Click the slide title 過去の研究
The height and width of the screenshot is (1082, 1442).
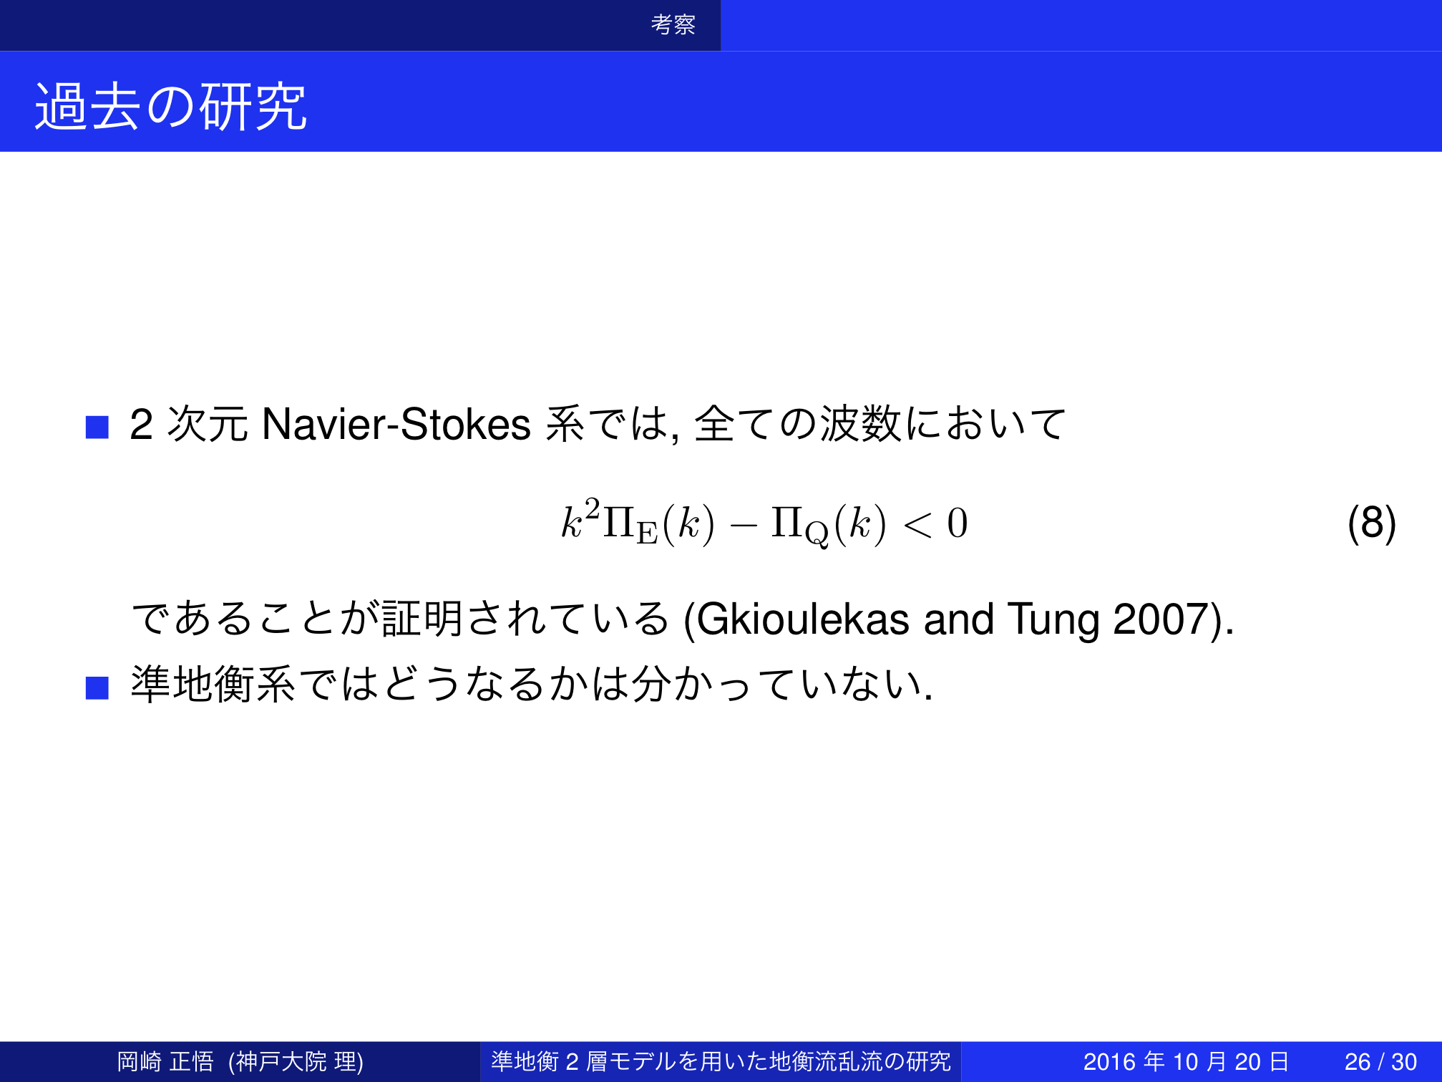coord(170,106)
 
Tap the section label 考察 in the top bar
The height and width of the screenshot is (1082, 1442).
coord(673,24)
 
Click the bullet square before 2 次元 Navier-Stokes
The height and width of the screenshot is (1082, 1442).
coord(97,427)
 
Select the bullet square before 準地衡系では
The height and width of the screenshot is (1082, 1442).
coord(97,687)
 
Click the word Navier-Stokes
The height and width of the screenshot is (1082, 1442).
coord(396,423)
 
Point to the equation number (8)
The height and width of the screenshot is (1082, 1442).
coord(1371,523)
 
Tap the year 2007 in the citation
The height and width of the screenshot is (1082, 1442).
coord(1160,619)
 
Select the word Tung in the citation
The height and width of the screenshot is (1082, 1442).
coord(1053,620)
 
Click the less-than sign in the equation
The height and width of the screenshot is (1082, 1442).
coord(918,524)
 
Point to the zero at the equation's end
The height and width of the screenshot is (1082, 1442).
coord(958,523)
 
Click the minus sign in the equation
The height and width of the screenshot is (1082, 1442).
coord(744,525)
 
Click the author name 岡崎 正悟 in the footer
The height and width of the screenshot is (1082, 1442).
coord(165,1061)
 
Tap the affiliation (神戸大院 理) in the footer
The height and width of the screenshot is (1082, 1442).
coord(296,1061)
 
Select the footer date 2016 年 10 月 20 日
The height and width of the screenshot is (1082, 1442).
coord(1187,1061)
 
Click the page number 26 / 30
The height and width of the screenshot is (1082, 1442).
coord(1380,1061)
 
